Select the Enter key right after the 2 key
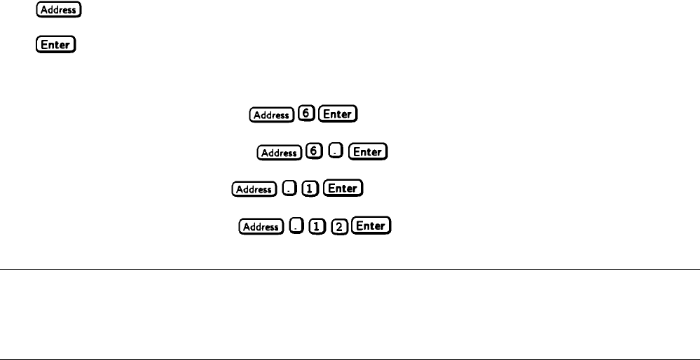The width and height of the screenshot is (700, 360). click(371, 226)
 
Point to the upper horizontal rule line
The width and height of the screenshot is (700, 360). click(350, 268)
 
